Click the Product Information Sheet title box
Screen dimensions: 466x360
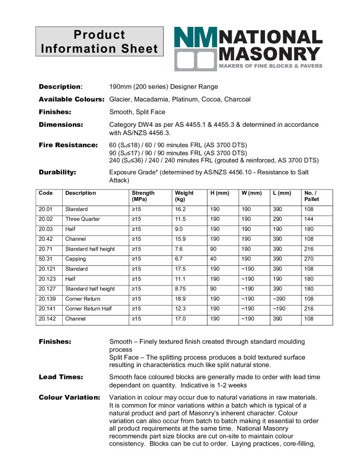[99, 42]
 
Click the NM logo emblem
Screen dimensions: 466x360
[195, 49]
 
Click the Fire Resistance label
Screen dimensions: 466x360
[68, 145]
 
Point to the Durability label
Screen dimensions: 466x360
[57, 172]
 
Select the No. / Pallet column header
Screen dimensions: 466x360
[311, 196]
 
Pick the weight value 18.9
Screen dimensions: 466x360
[180, 299]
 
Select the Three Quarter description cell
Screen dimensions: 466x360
[83, 219]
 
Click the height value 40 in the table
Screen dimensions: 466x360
[213, 259]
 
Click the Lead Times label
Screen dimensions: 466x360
[61, 377]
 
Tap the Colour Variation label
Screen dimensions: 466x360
[70, 397]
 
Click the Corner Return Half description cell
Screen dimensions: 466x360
[89, 309]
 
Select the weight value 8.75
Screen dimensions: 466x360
[181, 288]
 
